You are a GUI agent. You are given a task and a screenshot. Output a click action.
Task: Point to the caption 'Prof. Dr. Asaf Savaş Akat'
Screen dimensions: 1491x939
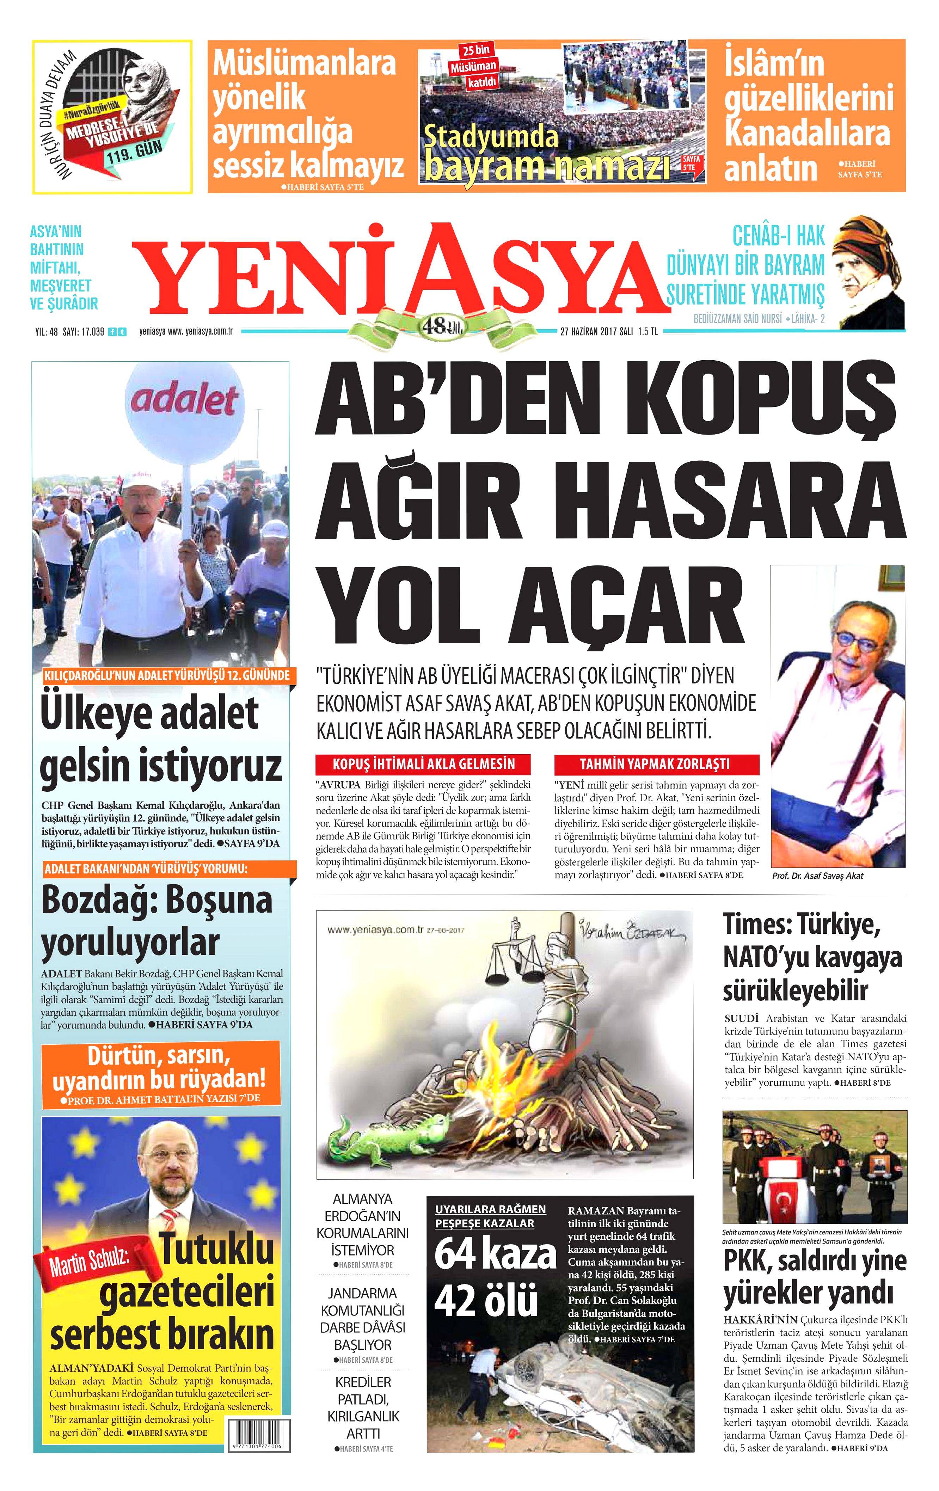[x=817, y=876]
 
